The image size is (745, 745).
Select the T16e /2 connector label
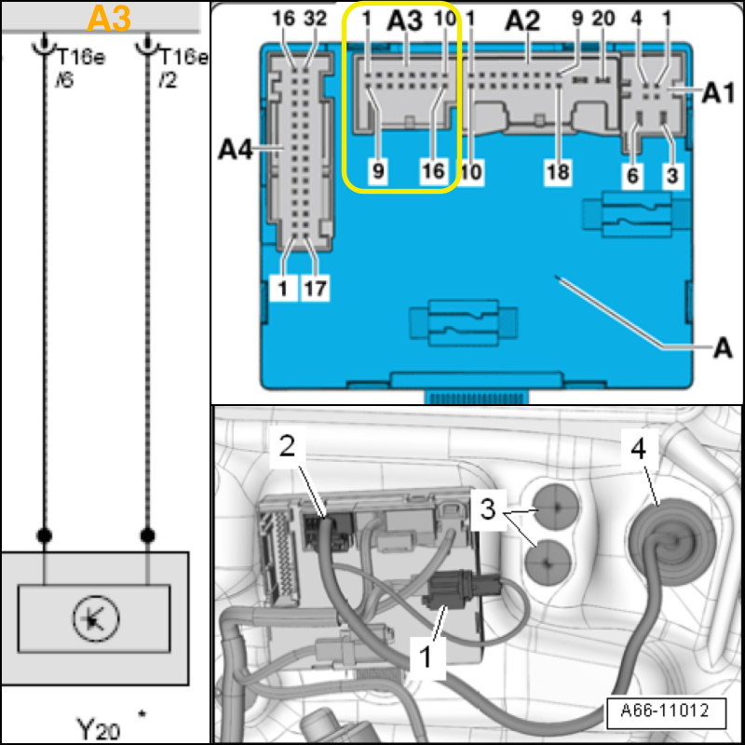click(182, 66)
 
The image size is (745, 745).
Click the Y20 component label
click(99, 725)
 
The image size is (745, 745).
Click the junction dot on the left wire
click(44, 535)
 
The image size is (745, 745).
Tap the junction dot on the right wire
click(146, 535)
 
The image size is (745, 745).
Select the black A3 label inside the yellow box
click(404, 22)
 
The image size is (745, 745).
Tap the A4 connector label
click(237, 148)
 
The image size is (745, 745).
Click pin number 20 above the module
click(604, 19)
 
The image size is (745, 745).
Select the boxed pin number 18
click(558, 171)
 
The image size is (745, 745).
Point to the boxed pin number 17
click(315, 289)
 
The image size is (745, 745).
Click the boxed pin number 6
click(633, 171)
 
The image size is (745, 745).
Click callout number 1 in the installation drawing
click(425, 657)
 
